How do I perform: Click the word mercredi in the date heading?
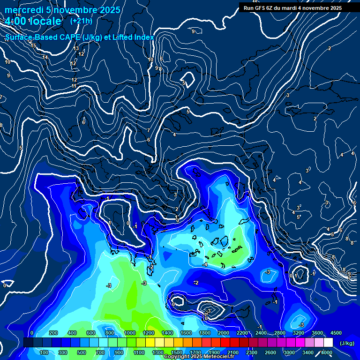point(24,10)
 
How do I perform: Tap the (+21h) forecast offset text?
point(81,21)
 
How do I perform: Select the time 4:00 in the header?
point(17,22)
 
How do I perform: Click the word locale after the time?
point(47,22)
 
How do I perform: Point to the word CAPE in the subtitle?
point(66,37)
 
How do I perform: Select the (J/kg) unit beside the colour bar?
point(347,344)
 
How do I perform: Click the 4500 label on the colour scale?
point(336,333)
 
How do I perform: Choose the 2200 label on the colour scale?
point(242,333)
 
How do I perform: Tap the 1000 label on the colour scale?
point(129,333)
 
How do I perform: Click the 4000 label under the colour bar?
point(327,352)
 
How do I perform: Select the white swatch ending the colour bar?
point(328,343)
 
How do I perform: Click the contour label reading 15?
point(33,46)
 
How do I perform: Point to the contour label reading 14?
point(45,57)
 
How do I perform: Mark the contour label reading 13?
point(76,48)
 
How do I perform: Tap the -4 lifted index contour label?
point(205,265)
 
